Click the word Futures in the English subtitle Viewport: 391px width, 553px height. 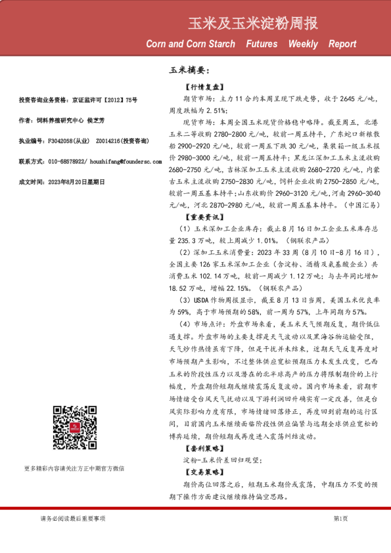tap(262, 45)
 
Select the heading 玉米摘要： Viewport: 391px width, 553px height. tap(189, 70)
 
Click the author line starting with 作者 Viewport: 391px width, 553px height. tap(62, 121)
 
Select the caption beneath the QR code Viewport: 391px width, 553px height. tap(74, 468)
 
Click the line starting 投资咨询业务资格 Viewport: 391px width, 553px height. tap(79, 100)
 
